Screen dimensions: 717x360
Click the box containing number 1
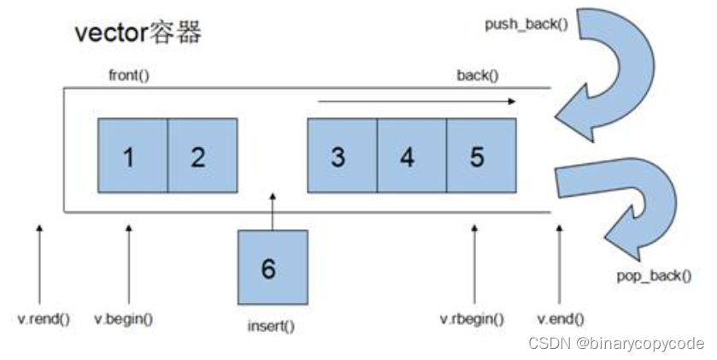pos(132,156)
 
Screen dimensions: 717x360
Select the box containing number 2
pos(203,156)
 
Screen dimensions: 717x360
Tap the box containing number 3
pos(343,156)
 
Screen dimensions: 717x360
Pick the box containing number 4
pos(412,156)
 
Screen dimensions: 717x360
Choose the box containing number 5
pos(481,156)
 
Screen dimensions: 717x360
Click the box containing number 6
pos(273,267)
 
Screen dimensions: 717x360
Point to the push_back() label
pos(526,24)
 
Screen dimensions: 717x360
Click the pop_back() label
pos(654,276)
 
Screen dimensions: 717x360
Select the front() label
pos(129,75)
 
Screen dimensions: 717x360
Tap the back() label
pos(478,75)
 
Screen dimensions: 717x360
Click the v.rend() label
pos(44,319)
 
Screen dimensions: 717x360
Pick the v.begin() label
pos(123,319)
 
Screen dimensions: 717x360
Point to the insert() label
pos(271,326)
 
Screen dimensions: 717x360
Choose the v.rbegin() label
pos(472,319)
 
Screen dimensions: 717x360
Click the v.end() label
pos(561,319)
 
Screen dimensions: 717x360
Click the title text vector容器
pos(138,33)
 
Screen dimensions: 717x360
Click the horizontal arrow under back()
pos(416,102)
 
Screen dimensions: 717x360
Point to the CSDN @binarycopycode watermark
pos(616,343)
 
